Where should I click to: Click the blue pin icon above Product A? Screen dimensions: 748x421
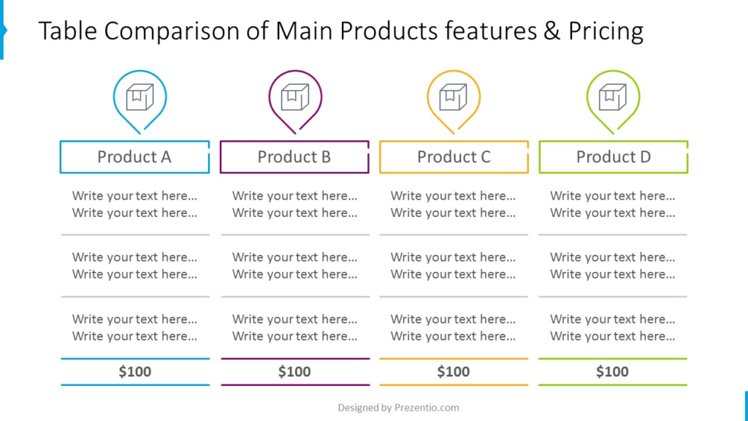pyautogui.click(x=114, y=98)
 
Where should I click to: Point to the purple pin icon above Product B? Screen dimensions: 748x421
pyautogui.click(x=270, y=98)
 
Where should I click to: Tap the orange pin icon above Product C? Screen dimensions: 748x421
pyautogui.click(x=428, y=98)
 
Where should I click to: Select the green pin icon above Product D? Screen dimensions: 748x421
pyautogui.click(x=588, y=98)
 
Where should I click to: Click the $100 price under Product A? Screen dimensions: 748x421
pyautogui.click(x=135, y=371)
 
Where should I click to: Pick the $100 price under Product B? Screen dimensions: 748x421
pyautogui.click(x=294, y=371)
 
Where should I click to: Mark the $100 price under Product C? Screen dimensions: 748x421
pyautogui.click(x=453, y=371)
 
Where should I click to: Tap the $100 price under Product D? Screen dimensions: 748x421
pyautogui.click(x=612, y=371)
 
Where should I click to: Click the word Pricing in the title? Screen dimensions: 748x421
pyautogui.click(x=606, y=31)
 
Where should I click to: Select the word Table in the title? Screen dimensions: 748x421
pyautogui.click(x=68, y=31)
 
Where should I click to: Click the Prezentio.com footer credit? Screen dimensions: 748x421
pyautogui.click(x=427, y=408)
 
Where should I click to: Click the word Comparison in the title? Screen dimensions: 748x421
pyautogui.click(x=172, y=31)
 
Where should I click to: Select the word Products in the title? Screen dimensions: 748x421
pyautogui.click(x=389, y=31)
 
